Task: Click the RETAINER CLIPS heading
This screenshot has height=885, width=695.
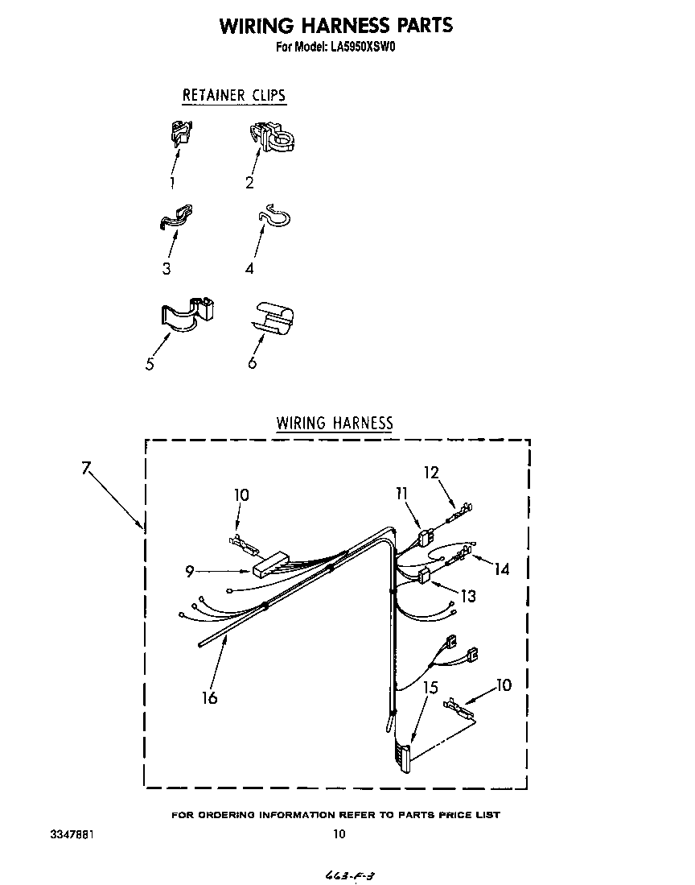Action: tap(234, 95)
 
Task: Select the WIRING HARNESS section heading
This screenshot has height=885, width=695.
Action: tap(335, 423)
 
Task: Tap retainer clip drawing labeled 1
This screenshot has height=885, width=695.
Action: tap(180, 131)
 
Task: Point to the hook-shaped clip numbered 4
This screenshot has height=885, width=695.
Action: tap(273, 217)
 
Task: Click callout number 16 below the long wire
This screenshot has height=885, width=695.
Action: tap(209, 697)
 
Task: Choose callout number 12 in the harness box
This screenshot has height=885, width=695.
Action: tap(432, 473)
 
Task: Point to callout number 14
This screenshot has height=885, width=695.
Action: tap(502, 569)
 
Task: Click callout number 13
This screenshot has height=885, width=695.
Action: tap(468, 596)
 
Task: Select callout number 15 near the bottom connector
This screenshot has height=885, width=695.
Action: tap(431, 688)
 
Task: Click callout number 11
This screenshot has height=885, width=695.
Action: tap(402, 494)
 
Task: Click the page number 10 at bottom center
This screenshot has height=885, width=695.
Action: tap(339, 834)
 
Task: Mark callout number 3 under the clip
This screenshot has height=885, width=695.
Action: tap(167, 269)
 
